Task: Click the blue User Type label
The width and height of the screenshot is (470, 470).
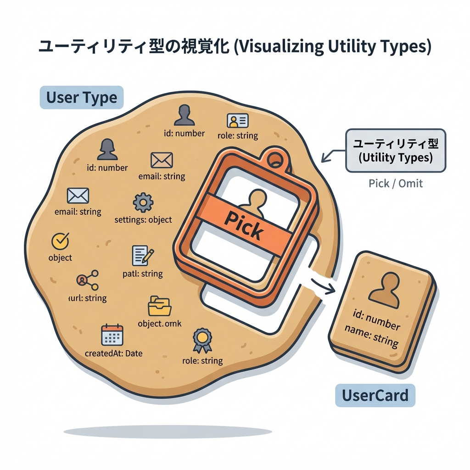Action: click(x=82, y=97)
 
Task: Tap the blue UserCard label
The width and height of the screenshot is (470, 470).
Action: click(x=375, y=395)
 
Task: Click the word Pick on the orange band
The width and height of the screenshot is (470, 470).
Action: click(x=244, y=224)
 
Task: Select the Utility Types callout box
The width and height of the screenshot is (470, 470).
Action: click(x=395, y=151)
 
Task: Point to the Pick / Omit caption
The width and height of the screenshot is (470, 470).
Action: click(x=396, y=184)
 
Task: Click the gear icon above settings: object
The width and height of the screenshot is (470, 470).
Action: click(x=143, y=202)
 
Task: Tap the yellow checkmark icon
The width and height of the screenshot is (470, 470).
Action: click(x=60, y=240)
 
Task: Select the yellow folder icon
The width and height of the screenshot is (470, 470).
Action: click(x=159, y=307)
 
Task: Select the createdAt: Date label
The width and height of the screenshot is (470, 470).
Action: click(x=113, y=353)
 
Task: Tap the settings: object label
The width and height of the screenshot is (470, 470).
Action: click(x=143, y=220)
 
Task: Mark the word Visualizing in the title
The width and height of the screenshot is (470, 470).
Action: click(x=278, y=47)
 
